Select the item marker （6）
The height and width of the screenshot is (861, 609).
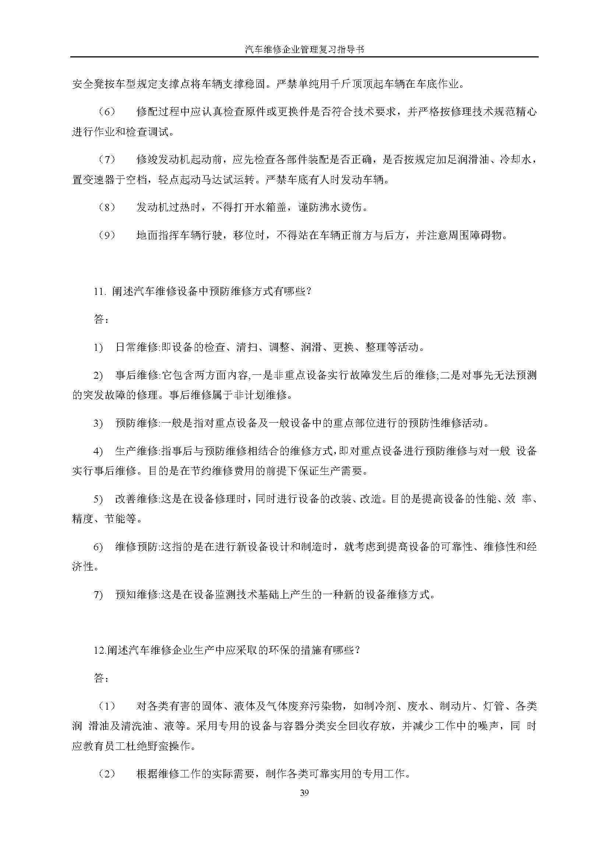point(107,112)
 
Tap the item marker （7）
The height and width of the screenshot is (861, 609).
point(107,160)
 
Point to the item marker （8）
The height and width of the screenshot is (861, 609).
point(107,207)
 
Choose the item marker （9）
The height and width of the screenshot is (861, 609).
point(107,236)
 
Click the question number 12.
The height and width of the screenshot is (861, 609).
point(99,650)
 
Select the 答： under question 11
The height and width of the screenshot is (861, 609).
point(101,320)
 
